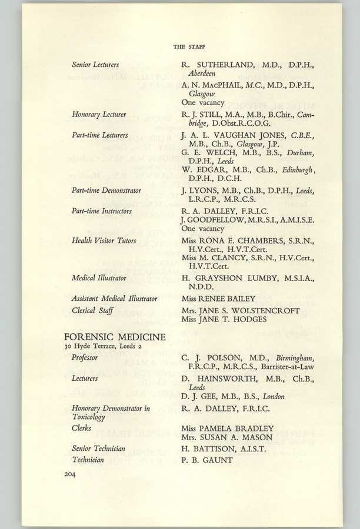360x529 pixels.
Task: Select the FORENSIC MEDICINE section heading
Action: pos(115,337)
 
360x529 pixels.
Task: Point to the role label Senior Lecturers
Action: pos(95,64)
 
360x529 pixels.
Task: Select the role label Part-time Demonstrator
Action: pos(106,190)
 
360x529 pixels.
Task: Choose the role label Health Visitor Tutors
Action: pos(104,240)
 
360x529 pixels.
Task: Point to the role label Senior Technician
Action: pos(99,448)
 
